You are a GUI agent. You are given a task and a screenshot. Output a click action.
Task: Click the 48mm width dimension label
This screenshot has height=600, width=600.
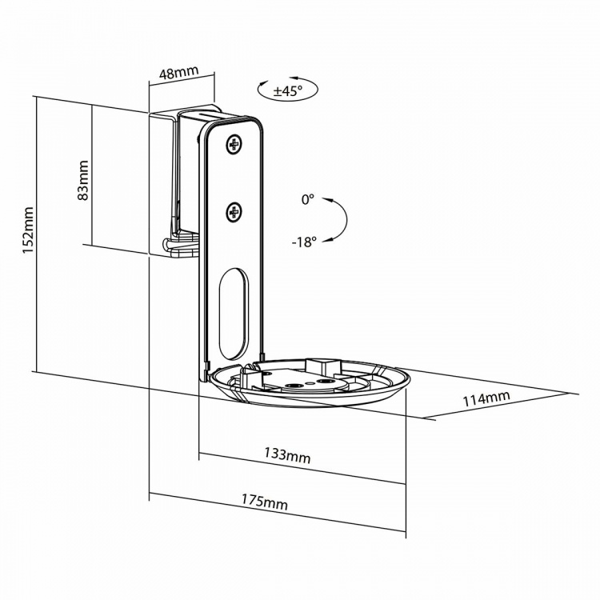(178, 73)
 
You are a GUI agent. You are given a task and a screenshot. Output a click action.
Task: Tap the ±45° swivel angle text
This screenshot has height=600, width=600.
(287, 91)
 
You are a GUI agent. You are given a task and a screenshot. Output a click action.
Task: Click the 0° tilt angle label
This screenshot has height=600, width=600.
(308, 200)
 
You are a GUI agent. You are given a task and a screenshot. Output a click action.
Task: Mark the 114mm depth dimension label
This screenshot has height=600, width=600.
(486, 398)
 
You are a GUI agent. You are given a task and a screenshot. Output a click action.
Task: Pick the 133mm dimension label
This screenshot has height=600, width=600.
(287, 456)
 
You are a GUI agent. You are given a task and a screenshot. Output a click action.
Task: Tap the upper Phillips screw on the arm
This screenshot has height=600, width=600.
(233, 146)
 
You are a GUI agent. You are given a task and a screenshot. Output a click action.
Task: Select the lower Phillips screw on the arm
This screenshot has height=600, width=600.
(233, 212)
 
